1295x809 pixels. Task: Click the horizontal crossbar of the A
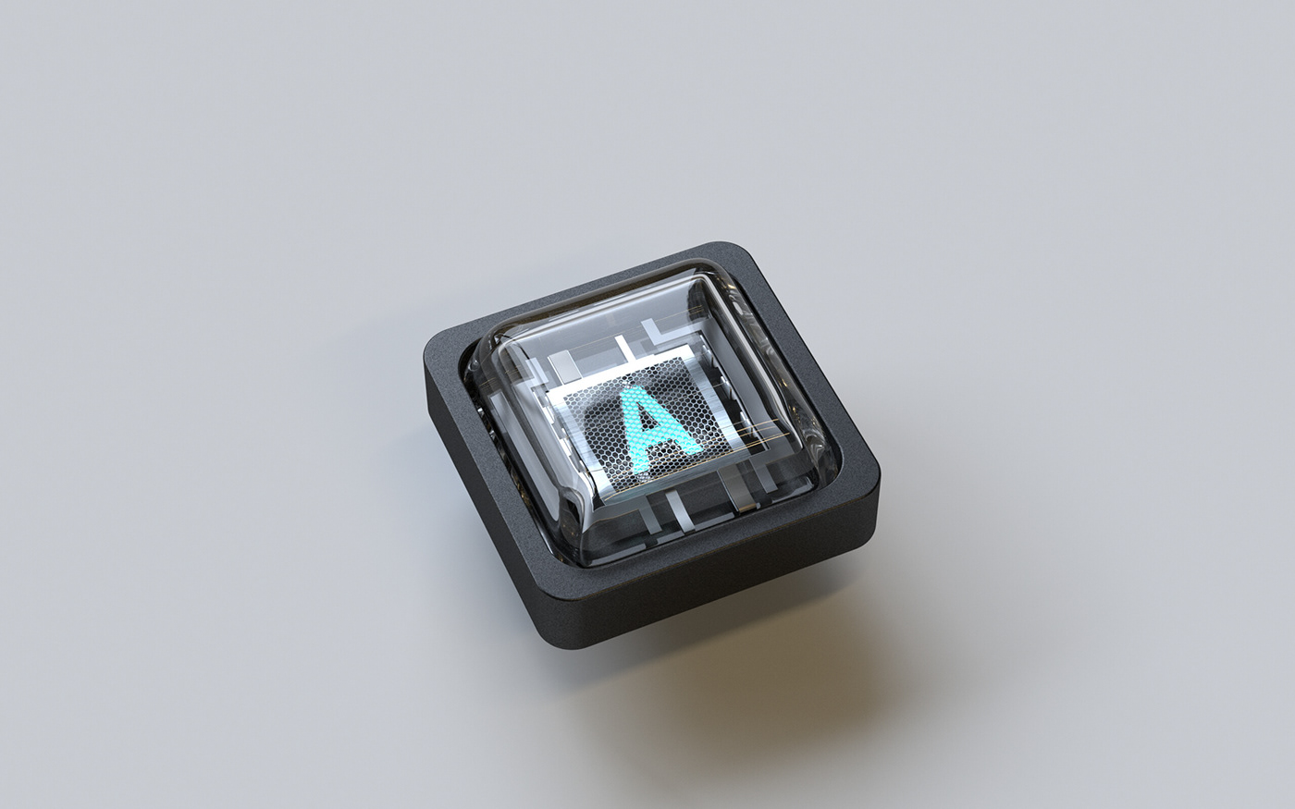pos(658,435)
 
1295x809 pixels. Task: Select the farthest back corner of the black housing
pos(727,246)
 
